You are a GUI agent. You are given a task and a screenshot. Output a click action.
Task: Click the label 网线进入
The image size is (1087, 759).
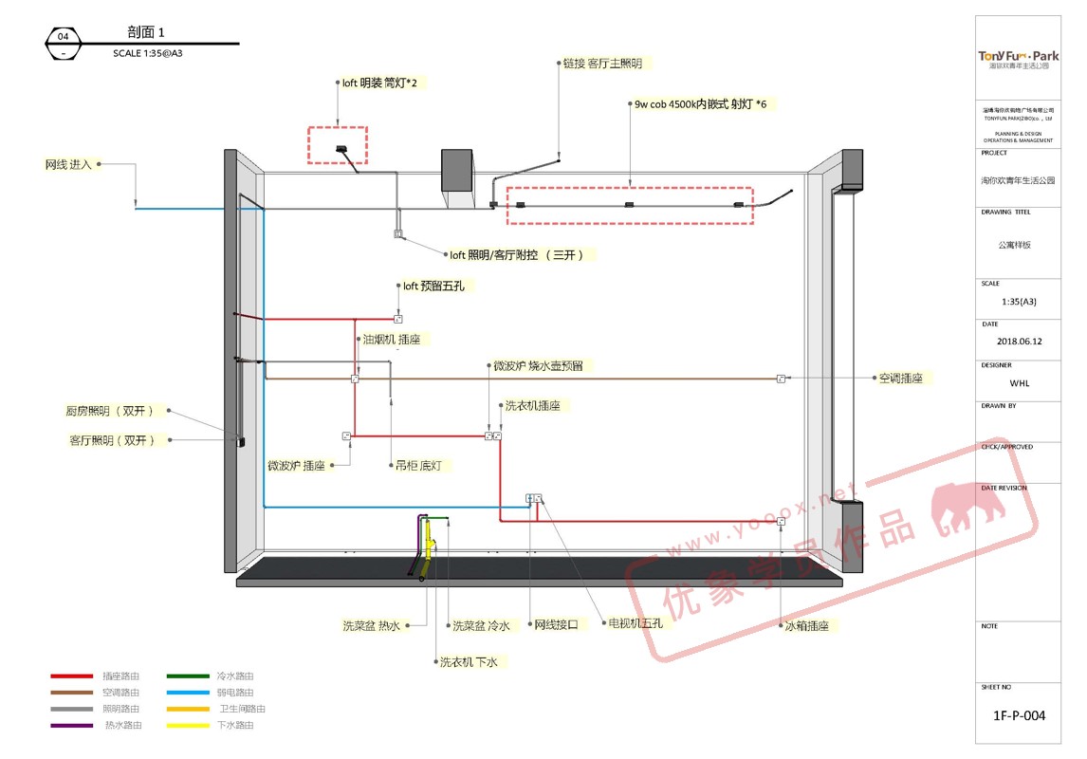pos(68,164)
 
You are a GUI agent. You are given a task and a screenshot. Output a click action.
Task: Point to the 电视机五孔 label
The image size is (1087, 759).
pos(635,623)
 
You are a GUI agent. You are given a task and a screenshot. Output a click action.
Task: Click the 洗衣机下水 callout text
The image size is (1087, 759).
pos(468,661)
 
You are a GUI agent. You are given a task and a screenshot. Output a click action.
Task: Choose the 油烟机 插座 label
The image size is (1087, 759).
pos(391,339)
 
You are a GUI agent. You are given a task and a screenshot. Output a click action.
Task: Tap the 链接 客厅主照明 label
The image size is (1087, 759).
pos(602,64)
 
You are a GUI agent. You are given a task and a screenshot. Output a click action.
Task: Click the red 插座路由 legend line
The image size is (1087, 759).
pos(71,676)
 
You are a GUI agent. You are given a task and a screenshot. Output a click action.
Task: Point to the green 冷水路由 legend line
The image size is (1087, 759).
pos(188,676)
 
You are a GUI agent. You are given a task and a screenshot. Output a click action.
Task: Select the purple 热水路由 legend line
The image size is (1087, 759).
pos(71,725)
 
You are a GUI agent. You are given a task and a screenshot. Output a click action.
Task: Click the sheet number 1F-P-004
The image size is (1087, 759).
pos(1020,715)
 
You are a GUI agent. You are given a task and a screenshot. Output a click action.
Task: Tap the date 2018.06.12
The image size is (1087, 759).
pos(1019,341)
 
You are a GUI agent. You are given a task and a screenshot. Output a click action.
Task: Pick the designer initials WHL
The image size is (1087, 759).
pos(1019,383)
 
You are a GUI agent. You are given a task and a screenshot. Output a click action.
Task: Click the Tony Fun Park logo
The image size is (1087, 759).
pos(1019,59)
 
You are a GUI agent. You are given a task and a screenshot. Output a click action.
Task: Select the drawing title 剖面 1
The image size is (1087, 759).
pos(146,32)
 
